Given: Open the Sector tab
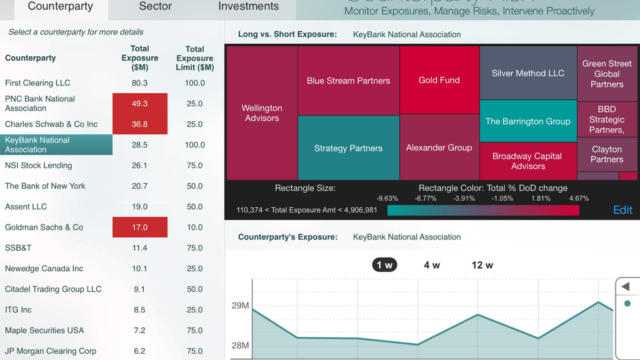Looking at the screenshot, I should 155,7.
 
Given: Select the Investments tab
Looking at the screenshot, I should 248,7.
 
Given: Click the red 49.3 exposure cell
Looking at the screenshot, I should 140,104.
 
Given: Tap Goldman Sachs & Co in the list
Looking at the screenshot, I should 44,227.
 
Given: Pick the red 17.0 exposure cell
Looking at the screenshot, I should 140,227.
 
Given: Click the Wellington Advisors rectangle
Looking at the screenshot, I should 262,113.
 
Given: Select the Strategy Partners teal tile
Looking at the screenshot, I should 348,148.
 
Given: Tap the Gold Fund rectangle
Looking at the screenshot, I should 439,80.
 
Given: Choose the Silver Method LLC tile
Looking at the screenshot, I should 527,73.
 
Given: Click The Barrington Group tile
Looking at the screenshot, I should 527,121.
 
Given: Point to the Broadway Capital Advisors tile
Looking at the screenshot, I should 527,161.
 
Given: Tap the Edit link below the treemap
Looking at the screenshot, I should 622,210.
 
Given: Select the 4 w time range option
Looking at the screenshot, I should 432,265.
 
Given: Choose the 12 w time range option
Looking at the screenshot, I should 482,265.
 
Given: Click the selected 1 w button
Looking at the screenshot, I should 385,265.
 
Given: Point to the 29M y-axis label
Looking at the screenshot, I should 241,306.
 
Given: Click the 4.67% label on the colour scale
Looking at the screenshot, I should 578,198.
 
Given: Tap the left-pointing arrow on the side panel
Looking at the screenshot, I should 626,287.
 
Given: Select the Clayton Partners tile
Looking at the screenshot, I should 606,154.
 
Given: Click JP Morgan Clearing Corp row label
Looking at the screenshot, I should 51,351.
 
